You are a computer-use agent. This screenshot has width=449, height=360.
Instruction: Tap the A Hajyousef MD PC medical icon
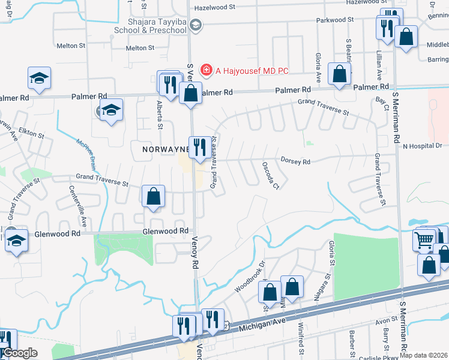pos(206,70)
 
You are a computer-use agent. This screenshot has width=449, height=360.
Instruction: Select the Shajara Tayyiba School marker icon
pos(195,25)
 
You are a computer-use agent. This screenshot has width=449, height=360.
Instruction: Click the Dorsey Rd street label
pos(295,161)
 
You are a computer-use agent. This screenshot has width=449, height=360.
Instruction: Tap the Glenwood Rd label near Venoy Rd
pos(166,231)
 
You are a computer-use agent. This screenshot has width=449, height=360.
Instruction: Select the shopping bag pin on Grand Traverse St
pos(154,196)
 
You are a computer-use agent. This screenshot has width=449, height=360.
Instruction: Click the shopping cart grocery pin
pos(423,240)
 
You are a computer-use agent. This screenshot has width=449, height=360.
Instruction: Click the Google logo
pos(20,353)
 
